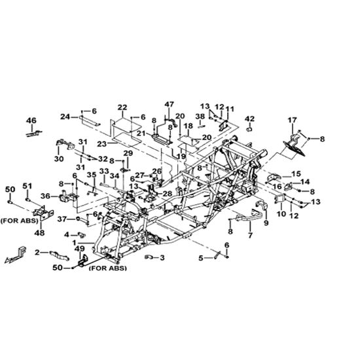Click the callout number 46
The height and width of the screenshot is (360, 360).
coord(31,120)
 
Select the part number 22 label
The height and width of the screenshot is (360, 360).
coord(122,107)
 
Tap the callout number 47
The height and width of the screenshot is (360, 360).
coord(170,104)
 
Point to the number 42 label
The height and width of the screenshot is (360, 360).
coord(250,119)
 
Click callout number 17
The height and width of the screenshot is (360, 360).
coord(293,120)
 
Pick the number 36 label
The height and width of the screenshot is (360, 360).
coord(45,196)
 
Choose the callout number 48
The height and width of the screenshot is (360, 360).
coord(39,233)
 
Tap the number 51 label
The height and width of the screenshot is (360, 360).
coord(27,186)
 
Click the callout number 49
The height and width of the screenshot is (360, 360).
coord(80,249)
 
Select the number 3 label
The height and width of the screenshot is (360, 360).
coord(162,258)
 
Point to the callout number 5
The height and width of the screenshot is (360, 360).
coord(201,259)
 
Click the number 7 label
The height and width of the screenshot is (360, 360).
coord(250,235)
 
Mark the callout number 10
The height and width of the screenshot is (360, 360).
coord(281,214)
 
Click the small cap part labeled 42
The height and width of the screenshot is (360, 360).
coord(249,129)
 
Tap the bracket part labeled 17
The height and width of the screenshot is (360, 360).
coord(295,145)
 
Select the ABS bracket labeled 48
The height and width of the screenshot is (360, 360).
coord(43,212)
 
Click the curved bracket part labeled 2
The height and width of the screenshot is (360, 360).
coord(59,255)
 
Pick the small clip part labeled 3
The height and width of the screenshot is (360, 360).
coord(147,257)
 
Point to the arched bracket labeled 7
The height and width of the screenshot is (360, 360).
coord(250,217)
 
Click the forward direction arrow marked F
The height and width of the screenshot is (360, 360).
coord(16,255)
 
